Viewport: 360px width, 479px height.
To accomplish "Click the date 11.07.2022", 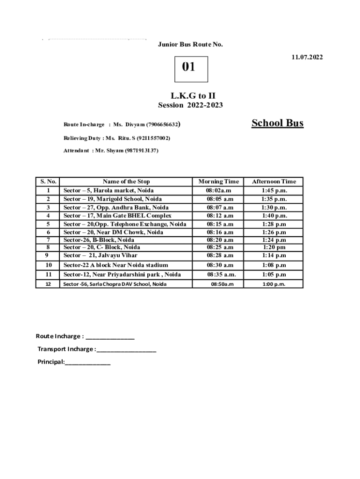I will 307,58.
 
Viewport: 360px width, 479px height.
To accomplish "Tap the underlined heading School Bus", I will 277,123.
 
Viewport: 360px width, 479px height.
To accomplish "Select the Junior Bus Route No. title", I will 190,44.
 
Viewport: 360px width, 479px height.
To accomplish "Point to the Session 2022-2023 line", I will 190,105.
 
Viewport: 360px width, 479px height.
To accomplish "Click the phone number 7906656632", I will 162,125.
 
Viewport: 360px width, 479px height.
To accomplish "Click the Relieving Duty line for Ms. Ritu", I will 117,138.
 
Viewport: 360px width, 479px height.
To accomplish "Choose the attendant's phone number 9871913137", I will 142,151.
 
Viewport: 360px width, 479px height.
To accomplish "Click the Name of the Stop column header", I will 126,181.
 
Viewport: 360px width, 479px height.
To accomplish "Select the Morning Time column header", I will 218,181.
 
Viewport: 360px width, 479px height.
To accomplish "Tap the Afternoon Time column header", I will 274,181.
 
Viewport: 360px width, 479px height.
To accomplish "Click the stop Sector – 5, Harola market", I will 108,190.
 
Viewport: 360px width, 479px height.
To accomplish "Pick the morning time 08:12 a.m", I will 220,216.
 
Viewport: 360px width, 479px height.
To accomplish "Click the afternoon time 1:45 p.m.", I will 274,190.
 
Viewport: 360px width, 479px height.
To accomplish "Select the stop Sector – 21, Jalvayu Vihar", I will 101,255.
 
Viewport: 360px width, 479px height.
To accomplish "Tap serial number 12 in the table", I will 49,284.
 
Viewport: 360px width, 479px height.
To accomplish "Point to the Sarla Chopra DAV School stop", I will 115,284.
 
